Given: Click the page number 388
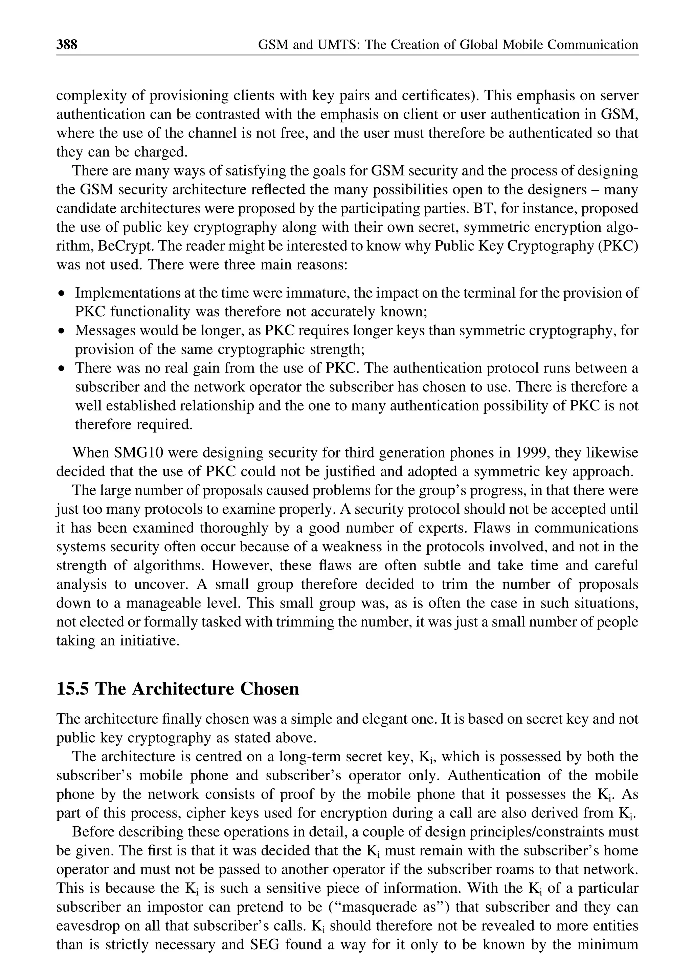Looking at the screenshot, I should (67, 44).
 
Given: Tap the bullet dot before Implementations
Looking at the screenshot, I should (62, 294).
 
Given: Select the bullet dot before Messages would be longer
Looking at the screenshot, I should (62, 331).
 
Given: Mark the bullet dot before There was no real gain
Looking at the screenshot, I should (62, 368).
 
